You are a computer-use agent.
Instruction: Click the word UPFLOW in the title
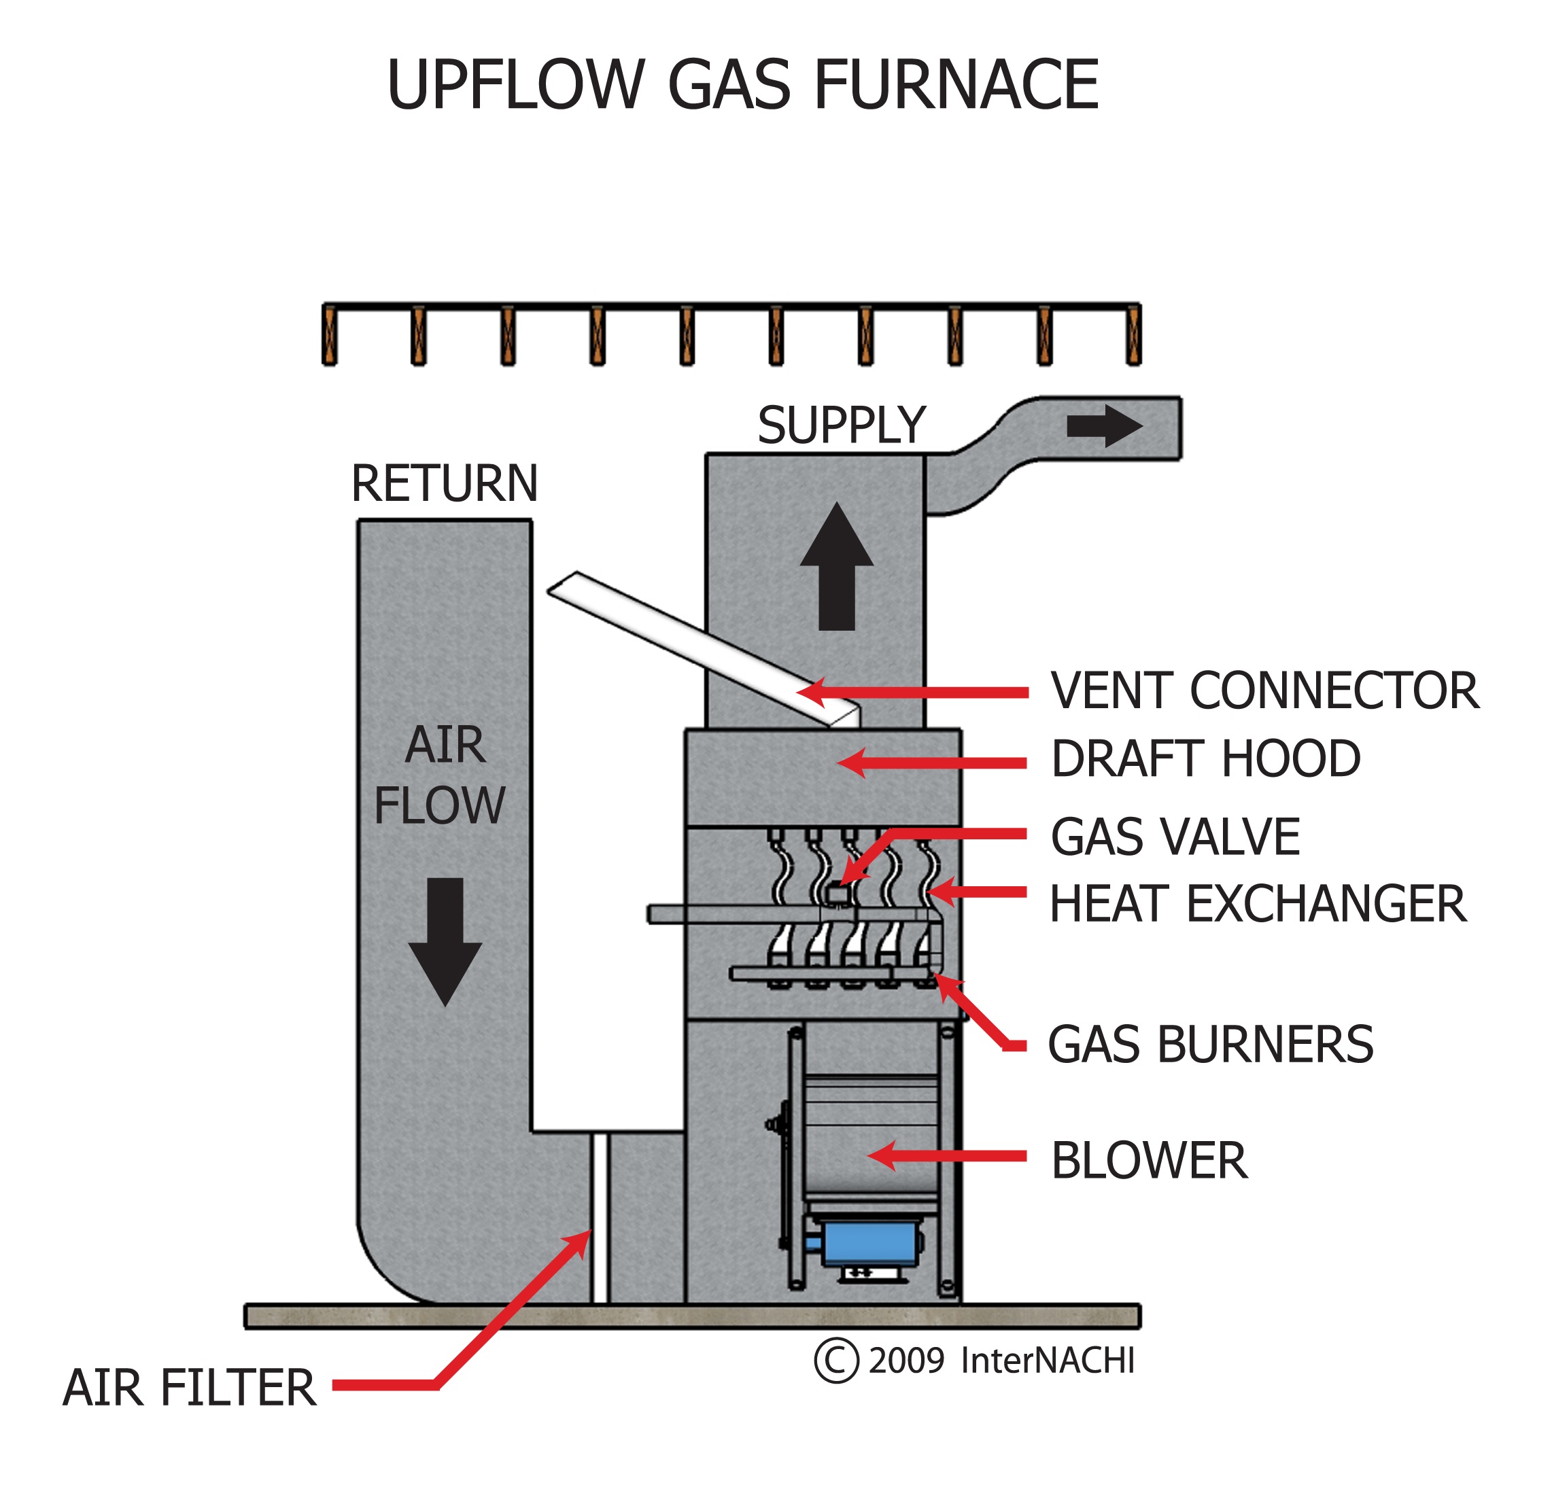(x=515, y=86)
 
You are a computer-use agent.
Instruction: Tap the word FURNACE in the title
(x=956, y=86)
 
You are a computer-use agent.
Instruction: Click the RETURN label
(x=444, y=484)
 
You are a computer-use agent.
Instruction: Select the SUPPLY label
(x=841, y=426)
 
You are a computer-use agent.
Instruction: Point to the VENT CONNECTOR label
(x=1264, y=691)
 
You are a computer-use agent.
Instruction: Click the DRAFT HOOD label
(x=1205, y=759)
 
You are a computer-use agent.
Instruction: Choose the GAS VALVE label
(x=1175, y=837)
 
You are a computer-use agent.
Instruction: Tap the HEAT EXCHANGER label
(x=1258, y=905)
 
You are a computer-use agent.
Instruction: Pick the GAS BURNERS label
(x=1210, y=1045)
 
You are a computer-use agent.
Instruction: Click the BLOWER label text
(x=1149, y=1161)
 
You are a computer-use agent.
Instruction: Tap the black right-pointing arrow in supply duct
(x=1104, y=427)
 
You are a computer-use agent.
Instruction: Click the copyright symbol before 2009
(x=836, y=1361)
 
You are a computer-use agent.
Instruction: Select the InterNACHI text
(x=1047, y=1361)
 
